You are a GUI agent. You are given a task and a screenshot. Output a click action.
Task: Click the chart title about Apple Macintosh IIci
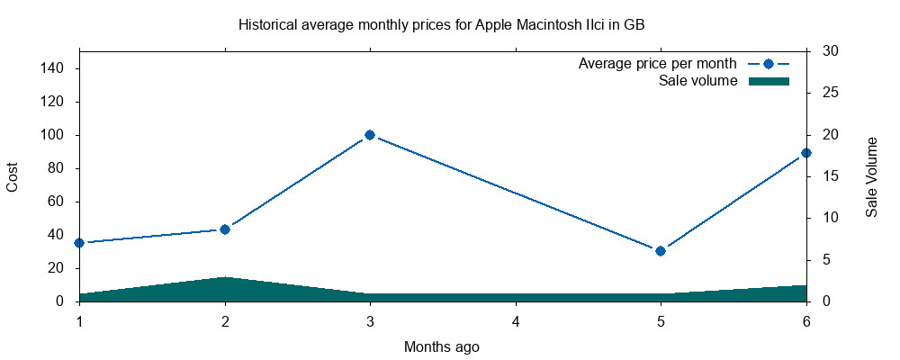point(441,24)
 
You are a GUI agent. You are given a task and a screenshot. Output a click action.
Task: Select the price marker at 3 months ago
point(370,135)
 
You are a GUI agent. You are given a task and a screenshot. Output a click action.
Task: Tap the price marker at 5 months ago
point(661,251)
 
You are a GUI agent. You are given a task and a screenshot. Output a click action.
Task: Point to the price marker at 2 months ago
point(225,229)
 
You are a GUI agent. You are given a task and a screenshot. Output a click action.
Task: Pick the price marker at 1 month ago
point(79,243)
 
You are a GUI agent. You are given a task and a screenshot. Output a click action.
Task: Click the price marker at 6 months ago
point(806,153)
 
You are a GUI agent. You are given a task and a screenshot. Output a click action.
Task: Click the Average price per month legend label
point(657,64)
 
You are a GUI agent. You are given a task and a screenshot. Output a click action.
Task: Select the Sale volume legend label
point(697,81)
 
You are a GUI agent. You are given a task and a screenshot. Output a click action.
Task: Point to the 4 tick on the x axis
point(516,322)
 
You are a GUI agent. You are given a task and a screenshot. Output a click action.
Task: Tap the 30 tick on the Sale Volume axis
point(831,51)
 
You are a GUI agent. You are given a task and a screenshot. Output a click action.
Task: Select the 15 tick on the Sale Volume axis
point(831,176)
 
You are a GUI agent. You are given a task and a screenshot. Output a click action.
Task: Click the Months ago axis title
point(441,346)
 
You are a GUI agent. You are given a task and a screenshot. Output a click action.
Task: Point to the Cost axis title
point(13,176)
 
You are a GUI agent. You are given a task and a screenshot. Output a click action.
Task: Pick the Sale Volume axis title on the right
point(871,176)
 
